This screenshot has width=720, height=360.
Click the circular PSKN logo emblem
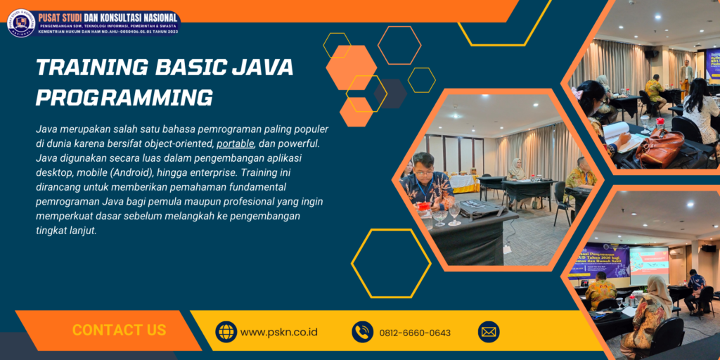coord(21,22)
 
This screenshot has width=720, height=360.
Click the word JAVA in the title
coord(260,67)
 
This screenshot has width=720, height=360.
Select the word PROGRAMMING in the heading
coord(124,97)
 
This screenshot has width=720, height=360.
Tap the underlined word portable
coord(236,143)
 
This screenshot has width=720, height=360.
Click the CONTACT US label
coord(119,330)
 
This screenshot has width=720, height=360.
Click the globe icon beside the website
coord(226,332)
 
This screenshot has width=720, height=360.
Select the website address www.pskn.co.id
coord(279,332)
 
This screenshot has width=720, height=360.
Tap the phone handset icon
coord(362,332)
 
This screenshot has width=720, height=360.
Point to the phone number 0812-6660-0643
coord(415,333)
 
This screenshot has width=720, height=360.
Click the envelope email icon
coord(489,332)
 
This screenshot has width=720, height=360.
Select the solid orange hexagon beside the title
coord(351,67)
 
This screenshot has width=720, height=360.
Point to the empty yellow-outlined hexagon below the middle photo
coord(390,263)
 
